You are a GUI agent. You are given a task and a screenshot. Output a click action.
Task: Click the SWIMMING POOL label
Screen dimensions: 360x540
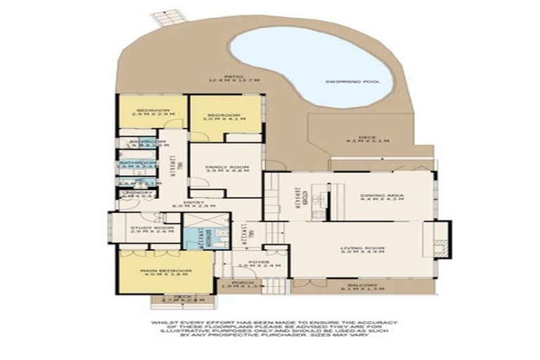(x=352, y=82)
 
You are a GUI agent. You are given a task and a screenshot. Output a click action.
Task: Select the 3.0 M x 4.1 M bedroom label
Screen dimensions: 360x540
(x=226, y=117)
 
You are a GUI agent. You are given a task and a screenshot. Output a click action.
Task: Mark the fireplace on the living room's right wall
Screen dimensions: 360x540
(x=442, y=244)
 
